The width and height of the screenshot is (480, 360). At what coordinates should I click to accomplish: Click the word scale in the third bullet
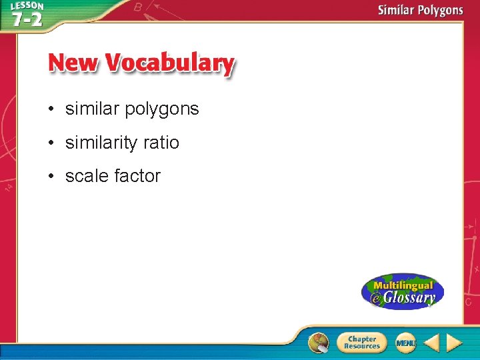87,176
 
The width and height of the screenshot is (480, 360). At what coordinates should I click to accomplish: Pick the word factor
137,176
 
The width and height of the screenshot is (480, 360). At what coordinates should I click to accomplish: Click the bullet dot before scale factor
51,177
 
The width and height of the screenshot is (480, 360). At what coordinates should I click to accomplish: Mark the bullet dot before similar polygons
51,109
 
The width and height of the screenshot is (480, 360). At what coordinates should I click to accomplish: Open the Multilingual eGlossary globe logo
402,291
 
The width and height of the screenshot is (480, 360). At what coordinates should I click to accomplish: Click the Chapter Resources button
361,343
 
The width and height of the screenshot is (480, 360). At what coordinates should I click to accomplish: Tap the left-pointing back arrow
431,343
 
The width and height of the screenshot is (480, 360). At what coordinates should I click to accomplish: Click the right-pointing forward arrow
454,343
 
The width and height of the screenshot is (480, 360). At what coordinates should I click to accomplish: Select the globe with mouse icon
319,343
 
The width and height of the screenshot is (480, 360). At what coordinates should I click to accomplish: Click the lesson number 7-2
27,19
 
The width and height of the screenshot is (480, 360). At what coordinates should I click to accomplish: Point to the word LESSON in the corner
27,6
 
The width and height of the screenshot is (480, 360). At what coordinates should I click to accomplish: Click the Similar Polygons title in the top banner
420,10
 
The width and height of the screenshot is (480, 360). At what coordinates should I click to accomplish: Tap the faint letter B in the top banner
138,7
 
